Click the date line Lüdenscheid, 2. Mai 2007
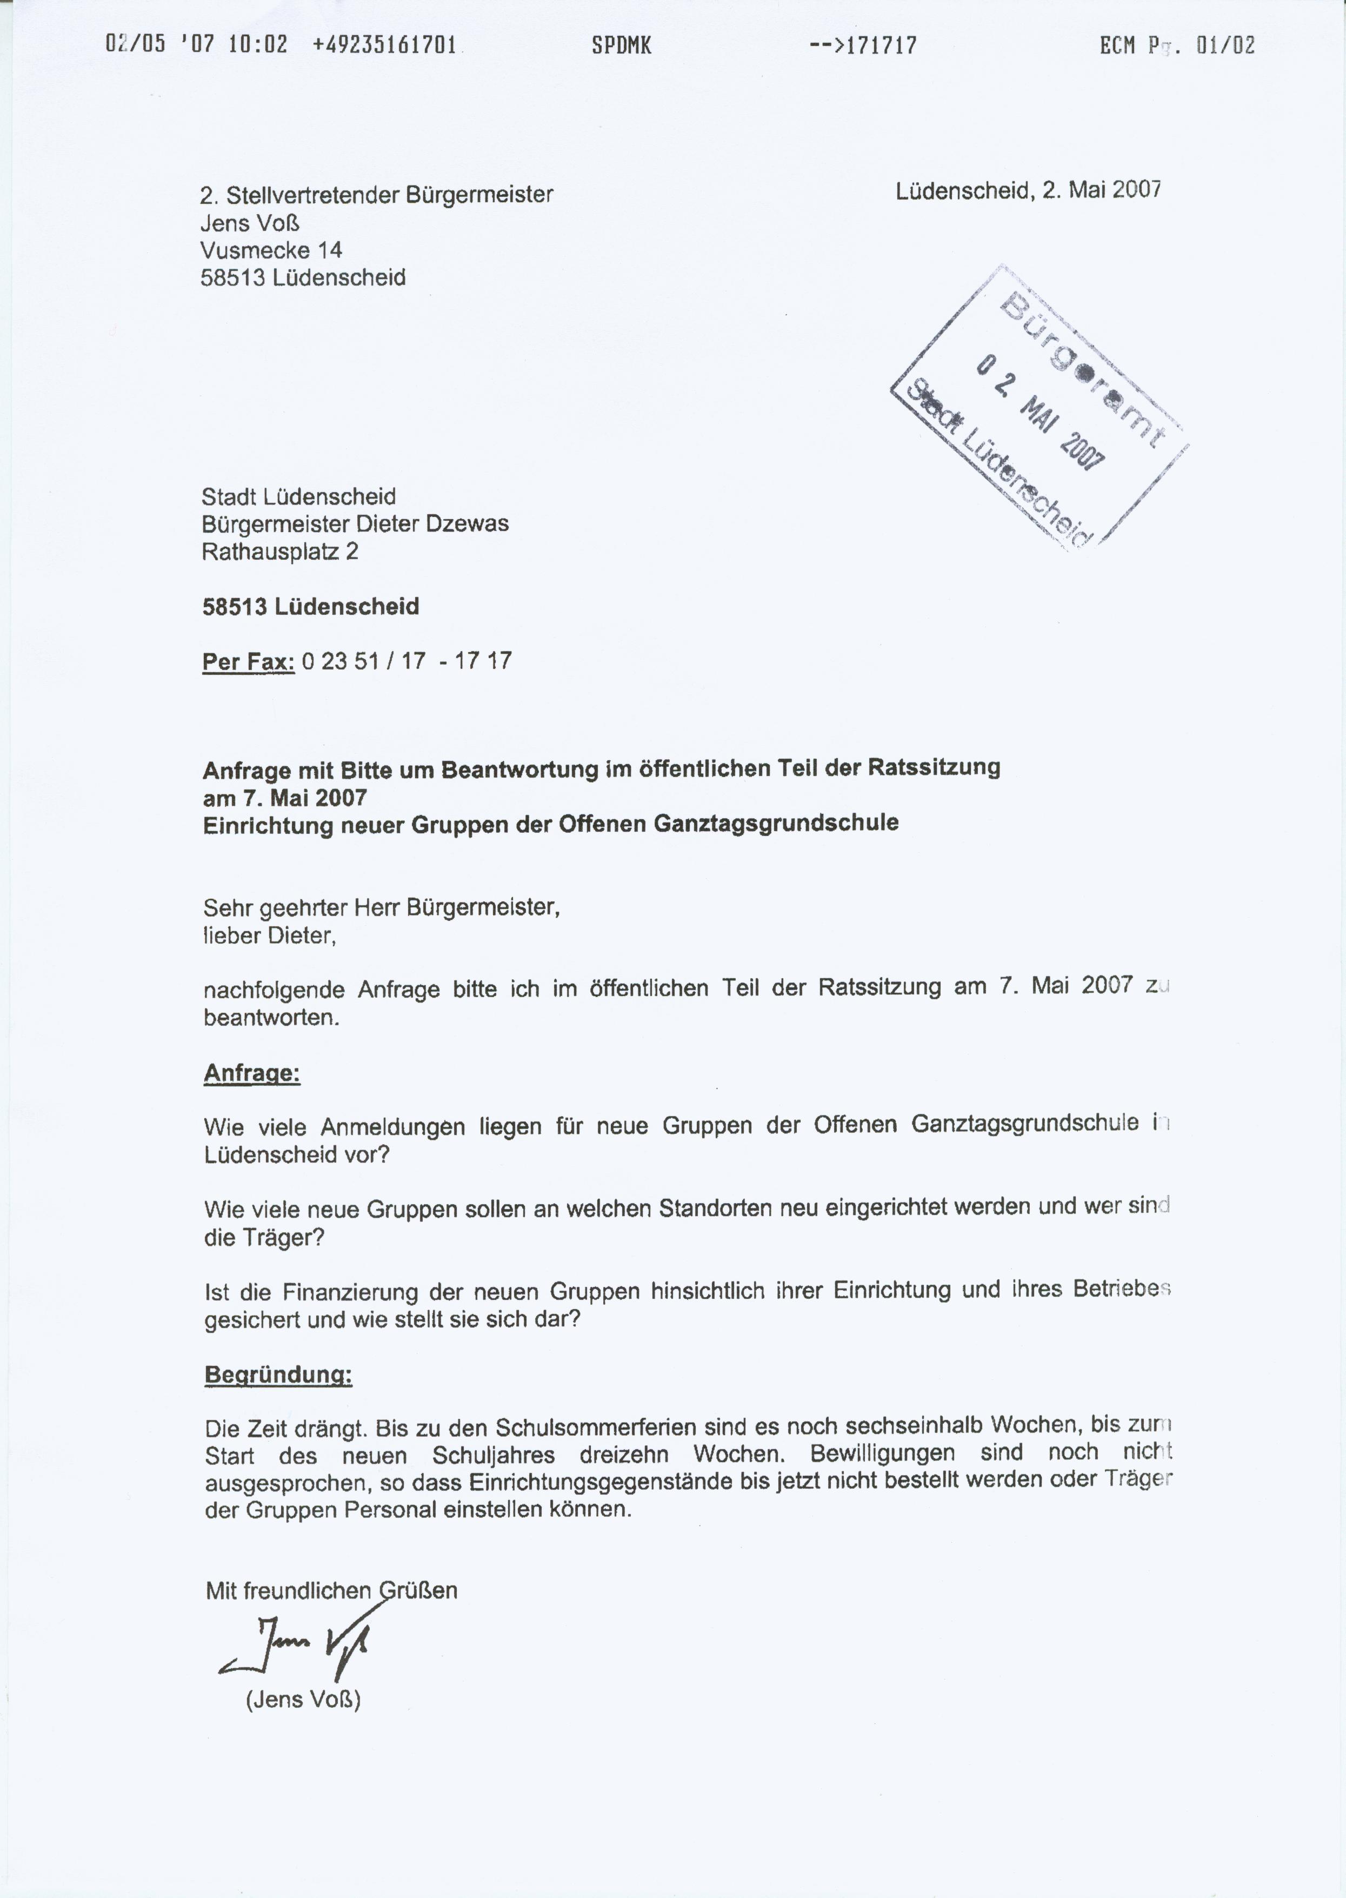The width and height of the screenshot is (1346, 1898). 1028,190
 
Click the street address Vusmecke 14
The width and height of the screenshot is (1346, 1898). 271,250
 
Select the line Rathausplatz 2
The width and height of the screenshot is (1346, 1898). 279,552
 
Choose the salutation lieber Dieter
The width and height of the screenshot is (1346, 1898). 269,936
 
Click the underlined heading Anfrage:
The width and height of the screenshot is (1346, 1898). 252,1074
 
